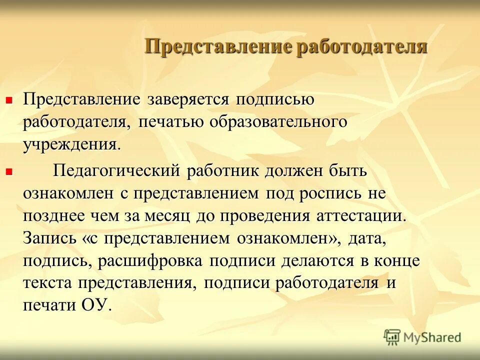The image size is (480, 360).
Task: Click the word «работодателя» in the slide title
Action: [362, 47]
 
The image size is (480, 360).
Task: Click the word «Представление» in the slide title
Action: [218, 47]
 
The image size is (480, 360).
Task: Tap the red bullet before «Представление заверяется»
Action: [8, 100]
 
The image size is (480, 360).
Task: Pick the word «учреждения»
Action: [71, 146]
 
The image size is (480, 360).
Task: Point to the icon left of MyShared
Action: [392, 337]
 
